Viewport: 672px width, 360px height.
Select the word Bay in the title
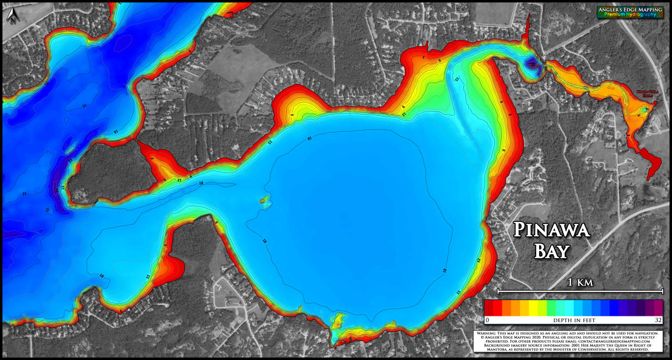[x=551, y=251]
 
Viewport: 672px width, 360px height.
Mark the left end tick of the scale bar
[x=498, y=291]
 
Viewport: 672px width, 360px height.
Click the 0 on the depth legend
[x=487, y=321]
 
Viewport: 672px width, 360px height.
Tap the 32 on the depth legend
[x=658, y=321]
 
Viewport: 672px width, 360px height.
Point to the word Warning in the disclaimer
[x=488, y=333]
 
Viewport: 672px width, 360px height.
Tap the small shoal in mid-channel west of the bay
[x=265, y=200]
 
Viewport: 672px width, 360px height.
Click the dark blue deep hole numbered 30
[x=533, y=63]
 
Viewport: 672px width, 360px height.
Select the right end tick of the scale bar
[x=663, y=291]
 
